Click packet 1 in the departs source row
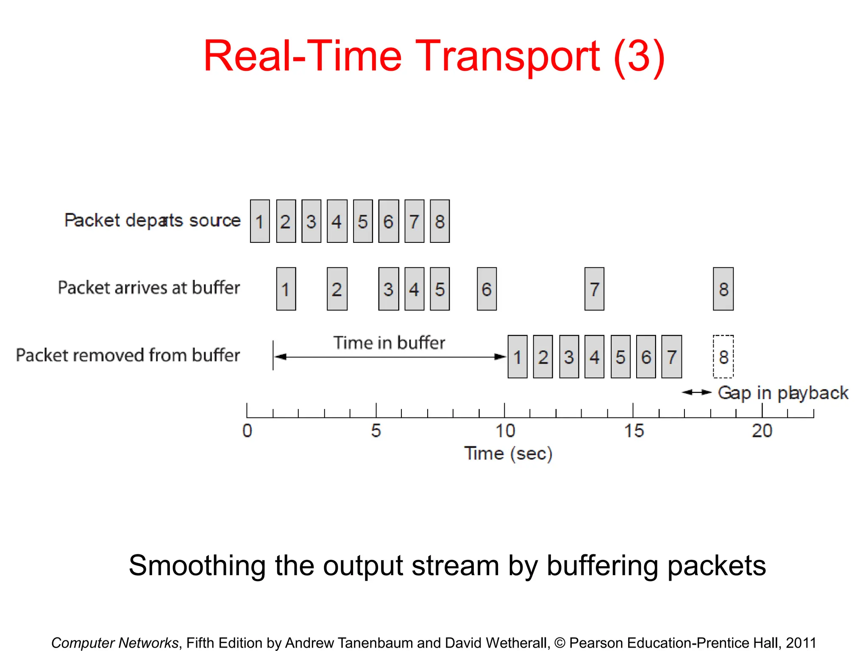pos(260,221)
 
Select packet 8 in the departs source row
pos(440,221)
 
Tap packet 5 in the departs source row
pos(363,221)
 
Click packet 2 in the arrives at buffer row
pos(337,289)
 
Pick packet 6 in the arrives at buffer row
pos(487,289)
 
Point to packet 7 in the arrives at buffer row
pos(594,289)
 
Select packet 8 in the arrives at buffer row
pos(723,289)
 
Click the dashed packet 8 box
pos(723,357)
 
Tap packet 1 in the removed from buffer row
pos(517,357)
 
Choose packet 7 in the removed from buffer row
pos(671,357)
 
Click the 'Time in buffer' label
pos(389,342)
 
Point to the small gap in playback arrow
pos(696,392)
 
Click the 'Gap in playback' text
pos(783,393)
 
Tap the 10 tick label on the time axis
pos(505,431)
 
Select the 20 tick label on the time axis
pos(762,431)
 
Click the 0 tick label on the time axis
pos(247,431)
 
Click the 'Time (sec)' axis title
pos(508,453)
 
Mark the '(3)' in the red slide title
pos(639,57)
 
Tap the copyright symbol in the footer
pos(559,643)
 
